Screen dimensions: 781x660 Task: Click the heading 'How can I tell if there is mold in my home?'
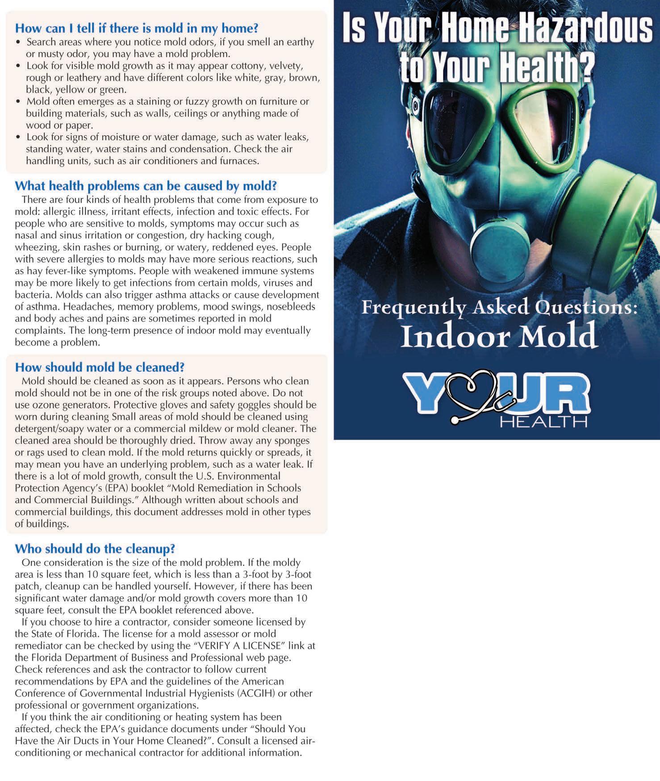pos(137,29)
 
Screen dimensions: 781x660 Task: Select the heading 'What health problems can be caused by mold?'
pos(146,186)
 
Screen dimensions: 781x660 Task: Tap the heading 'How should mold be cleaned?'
pos(100,368)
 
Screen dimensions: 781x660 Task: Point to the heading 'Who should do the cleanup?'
pos(95,549)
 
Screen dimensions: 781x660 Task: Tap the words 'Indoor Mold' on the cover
pos(498,335)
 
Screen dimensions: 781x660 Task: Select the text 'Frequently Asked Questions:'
pos(499,308)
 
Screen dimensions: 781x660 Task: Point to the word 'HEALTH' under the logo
pos(543,422)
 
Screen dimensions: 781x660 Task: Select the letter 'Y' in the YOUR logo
pos(426,393)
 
